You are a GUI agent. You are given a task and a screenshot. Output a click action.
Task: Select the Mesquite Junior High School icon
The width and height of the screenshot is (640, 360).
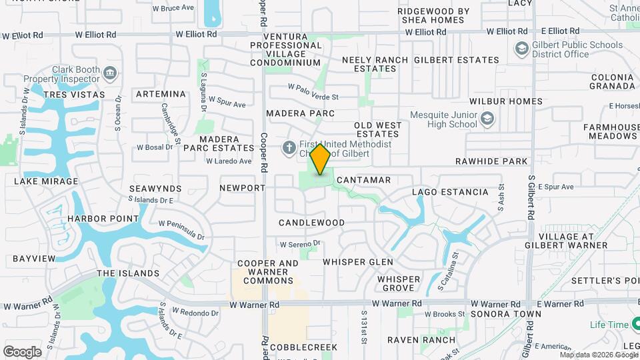click(x=487, y=119)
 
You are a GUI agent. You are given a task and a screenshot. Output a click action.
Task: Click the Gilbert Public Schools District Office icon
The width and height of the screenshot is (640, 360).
click(x=521, y=50)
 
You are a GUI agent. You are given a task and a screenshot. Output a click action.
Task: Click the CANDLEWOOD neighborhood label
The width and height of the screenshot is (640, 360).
click(x=311, y=223)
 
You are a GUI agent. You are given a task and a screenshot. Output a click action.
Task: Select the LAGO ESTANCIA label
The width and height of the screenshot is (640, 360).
click(x=450, y=192)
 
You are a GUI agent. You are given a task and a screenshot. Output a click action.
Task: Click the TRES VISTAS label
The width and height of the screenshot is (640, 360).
click(x=75, y=95)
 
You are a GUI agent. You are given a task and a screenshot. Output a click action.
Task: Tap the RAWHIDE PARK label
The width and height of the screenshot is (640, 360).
click(x=491, y=161)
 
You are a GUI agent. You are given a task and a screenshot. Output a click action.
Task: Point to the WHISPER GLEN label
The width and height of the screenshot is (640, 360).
click(x=358, y=262)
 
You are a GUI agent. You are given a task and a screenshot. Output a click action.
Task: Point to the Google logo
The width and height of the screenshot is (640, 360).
click(x=22, y=352)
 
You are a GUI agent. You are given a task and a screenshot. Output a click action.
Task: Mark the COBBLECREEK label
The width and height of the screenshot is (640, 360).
click(x=304, y=347)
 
